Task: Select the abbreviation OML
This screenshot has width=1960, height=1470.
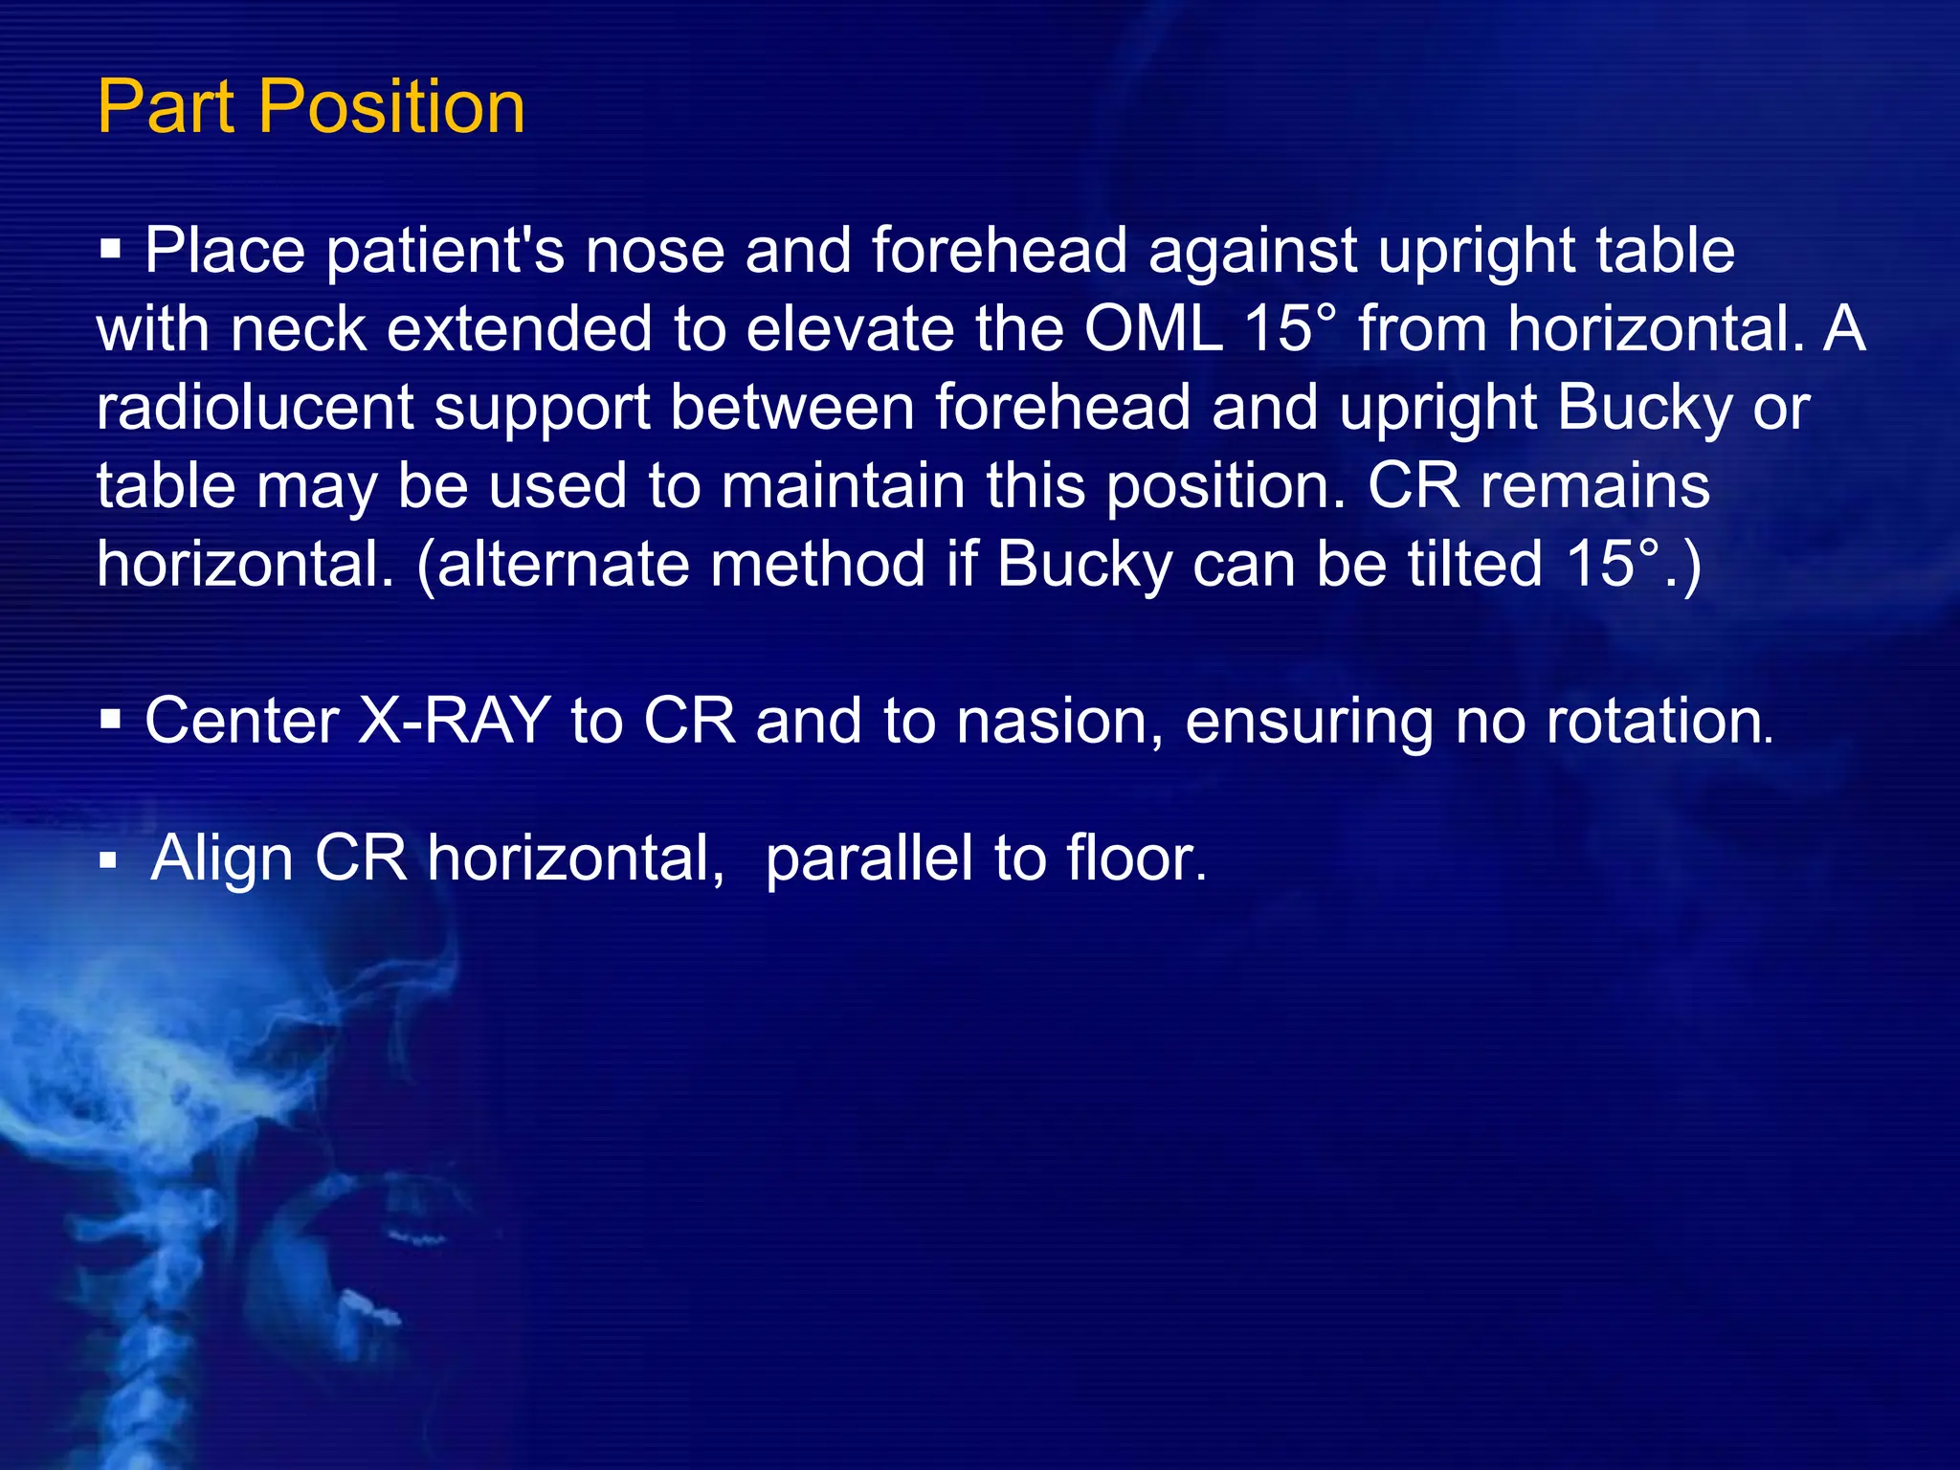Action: [x=1153, y=329]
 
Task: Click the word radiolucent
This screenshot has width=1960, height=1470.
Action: [x=255, y=408]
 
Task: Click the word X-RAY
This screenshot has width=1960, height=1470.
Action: [x=454, y=721]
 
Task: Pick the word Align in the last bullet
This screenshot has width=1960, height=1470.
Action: [x=222, y=857]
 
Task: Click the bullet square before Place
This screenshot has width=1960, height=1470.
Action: [x=111, y=252]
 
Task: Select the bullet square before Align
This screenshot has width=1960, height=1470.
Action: [x=108, y=860]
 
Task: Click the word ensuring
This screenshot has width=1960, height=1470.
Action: [x=1309, y=723]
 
